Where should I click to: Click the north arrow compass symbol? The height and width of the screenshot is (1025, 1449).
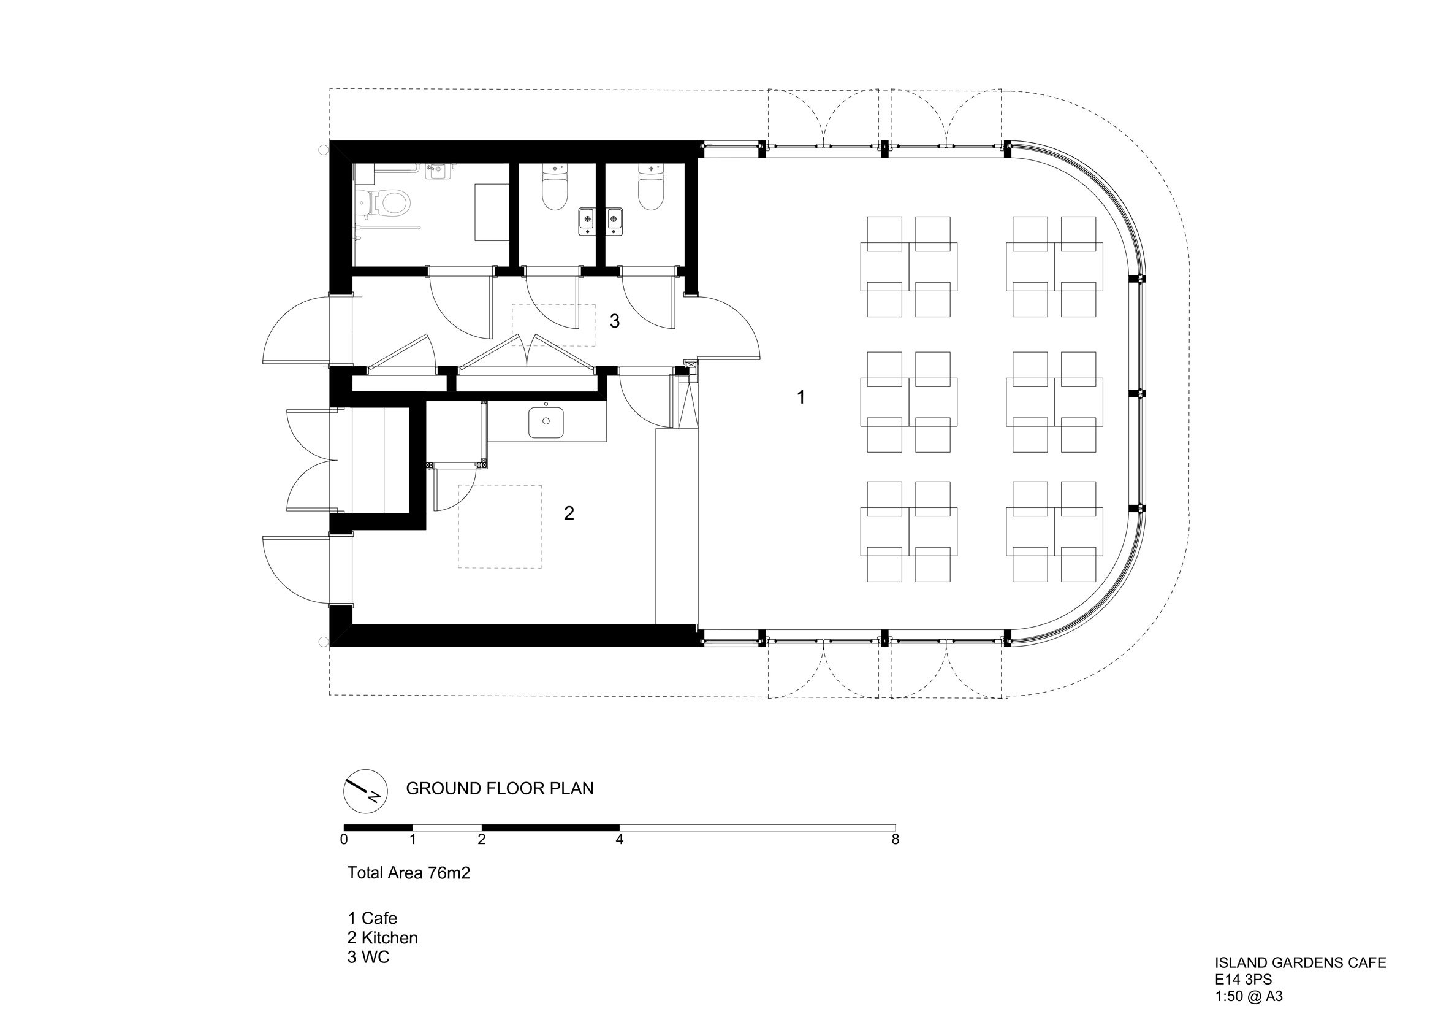pos(365,791)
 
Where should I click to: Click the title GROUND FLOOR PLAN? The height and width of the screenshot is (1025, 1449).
pos(499,789)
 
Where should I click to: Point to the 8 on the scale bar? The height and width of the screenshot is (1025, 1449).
pos(895,839)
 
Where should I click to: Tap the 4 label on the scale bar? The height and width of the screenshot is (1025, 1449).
pos(620,839)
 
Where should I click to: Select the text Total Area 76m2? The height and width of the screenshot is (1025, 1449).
pos(408,873)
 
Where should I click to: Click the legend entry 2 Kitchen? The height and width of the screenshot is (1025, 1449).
pos(382,938)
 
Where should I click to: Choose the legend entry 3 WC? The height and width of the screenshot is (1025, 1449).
pos(368,958)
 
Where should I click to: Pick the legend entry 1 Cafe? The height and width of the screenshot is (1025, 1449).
pos(372,918)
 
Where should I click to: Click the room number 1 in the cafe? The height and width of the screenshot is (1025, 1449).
pos(801,397)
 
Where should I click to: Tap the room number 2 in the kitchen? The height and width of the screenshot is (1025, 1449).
pos(569,513)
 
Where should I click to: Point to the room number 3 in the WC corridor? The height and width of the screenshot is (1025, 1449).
pos(614,321)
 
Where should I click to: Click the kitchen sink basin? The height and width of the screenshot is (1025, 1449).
pos(546,423)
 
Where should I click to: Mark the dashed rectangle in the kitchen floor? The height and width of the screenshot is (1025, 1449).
pos(500,527)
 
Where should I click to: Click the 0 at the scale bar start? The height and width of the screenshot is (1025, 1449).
pos(344,839)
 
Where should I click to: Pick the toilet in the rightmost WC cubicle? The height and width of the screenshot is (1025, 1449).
pos(651,188)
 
